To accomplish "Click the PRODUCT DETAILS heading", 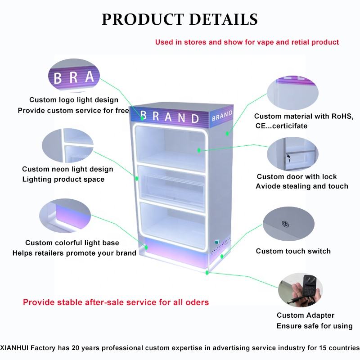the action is pos(180,19).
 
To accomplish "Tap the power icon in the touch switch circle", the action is pos(285,224).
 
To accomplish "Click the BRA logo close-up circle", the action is pos(74,76).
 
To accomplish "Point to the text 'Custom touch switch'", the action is pos(293,251).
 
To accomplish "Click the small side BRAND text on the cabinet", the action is pos(222,116).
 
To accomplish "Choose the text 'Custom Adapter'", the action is pos(306,315).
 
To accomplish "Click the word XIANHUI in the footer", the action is pos(14,348).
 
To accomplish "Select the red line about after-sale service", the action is pos(116,302).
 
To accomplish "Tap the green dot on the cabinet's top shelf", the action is pos(199,150).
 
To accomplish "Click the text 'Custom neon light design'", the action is pos(67,169).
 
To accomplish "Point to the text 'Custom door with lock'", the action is pos(297,176).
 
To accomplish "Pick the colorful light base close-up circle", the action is pos(65,216).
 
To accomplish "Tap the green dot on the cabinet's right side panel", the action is pos(227,133).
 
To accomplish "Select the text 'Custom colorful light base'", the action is pos(72,243).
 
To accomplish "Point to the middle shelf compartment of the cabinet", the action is pos(172,187).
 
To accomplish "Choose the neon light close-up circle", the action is pos(68,145).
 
